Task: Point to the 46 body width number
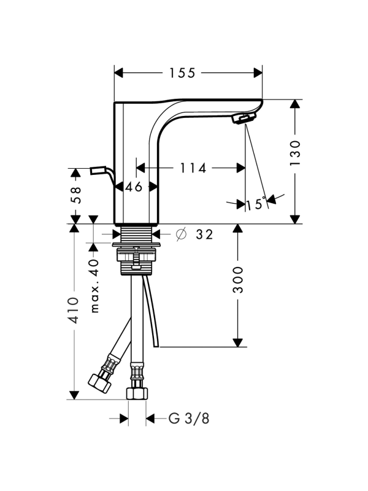[134, 187]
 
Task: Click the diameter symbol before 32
[181, 234]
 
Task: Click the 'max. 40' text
[94, 285]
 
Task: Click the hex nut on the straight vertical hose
[137, 393]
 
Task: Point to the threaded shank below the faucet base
[137, 234]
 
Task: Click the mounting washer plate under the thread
[137, 246]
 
